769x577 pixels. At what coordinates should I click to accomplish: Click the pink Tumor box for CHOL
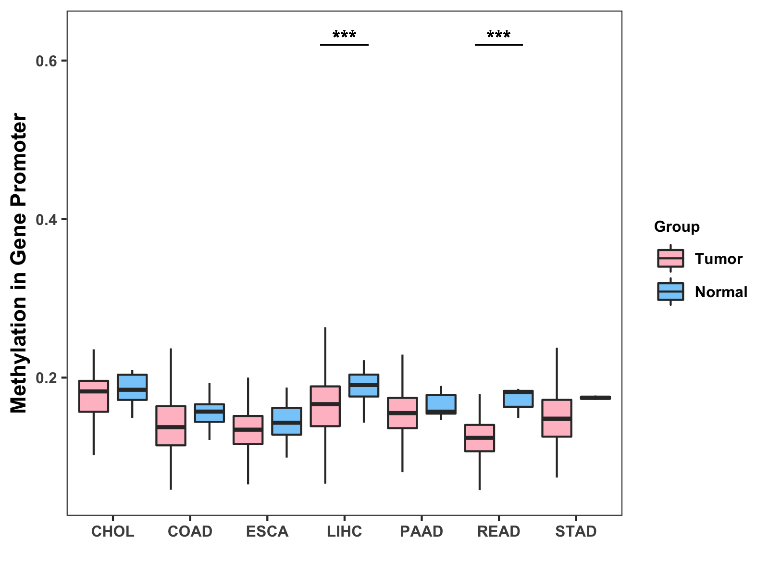click(94, 396)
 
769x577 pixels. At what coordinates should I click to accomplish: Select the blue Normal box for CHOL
click(132, 387)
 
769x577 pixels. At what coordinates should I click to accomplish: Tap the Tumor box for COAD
click(171, 426)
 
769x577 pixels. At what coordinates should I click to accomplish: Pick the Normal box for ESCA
click(286, 421)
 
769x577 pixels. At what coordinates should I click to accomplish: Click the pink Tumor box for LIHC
click(325, 406)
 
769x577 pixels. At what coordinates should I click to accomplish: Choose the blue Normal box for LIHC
click(364, 385)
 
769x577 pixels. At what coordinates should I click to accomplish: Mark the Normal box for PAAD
click(441, 404)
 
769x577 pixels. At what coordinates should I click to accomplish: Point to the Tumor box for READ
click(480, 438)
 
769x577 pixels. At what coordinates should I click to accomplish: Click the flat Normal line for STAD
click(595, 398)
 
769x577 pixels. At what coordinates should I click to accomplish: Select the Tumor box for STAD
click(557, 418)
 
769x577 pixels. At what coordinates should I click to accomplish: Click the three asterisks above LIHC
click(344, 35)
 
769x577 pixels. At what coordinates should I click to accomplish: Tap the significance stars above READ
click(498, 35)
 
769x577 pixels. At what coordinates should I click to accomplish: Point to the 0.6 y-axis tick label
click(46, 61)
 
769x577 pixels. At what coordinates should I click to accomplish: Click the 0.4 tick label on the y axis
click(46, 219)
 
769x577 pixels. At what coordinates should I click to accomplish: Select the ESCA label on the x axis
click(267, 531)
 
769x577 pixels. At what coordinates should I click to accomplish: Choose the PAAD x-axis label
click(422, 531)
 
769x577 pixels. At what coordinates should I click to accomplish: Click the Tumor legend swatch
click(670, 259)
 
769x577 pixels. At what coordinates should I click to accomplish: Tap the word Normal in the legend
click(721, 292)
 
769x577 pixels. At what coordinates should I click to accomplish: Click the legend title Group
click(677, 226)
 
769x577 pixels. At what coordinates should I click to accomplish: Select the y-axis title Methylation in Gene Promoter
click(19, 263)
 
